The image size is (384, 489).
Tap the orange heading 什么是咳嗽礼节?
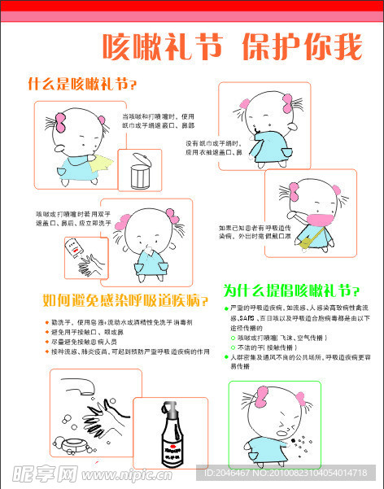tap(82, 84)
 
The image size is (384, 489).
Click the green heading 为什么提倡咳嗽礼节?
tap(291, 290)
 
